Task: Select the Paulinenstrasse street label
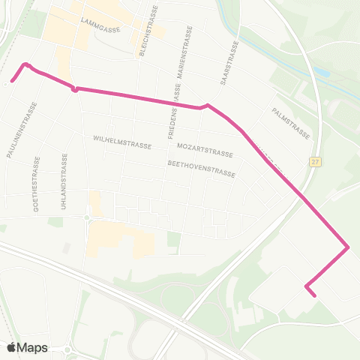pos(13,128)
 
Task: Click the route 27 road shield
pos(316,162)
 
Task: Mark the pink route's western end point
pos(11,81)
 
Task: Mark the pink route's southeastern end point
pos(314,295)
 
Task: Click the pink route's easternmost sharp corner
pos(348,247)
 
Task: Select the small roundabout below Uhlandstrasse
pos(86,218)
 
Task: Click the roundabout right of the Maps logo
pos(68,349)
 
